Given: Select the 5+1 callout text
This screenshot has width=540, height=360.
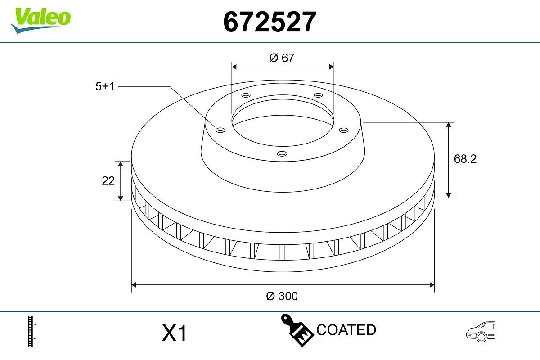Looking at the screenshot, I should click(105, 86).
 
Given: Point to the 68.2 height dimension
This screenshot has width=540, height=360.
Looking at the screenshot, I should click(465, 159).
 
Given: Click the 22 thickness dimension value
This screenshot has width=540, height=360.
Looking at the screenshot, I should click(108, 180).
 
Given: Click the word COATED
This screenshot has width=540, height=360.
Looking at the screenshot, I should click(346, 330).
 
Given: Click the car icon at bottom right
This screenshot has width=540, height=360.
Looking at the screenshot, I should click(480, 332).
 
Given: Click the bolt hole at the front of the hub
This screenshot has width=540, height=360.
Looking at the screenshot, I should click(282, 154).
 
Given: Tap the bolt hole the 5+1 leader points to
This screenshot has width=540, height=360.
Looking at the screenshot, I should click(220, 130).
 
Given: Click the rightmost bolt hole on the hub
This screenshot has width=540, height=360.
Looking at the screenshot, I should click(344, 130).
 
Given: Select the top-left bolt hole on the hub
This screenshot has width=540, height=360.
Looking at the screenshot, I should click(246, 95).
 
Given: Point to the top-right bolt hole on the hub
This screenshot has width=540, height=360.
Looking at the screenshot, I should click(319, 95).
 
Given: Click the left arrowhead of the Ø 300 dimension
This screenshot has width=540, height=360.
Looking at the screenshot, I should click(134, 284).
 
